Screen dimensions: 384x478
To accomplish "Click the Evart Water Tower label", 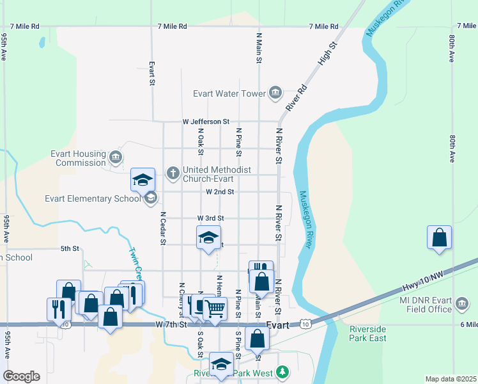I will (x=229, y=93).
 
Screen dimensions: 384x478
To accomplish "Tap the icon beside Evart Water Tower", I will (x=275, y=93).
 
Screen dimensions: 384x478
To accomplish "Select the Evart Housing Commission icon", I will (x=115, y=157).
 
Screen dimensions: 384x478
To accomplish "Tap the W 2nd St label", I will (x=220, y=191).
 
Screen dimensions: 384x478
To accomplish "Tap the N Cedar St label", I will (x=163, y=228).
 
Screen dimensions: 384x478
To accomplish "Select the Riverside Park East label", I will (x=367, y=333).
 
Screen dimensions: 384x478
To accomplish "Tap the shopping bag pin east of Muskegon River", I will (x=439, y=237).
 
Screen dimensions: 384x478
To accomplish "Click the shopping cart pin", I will (x=215, y=308).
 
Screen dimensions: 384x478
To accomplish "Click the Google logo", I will (x=21, y=376).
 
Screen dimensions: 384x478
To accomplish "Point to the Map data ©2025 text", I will (x=451, y=379).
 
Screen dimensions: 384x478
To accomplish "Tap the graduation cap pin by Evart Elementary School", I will (x=143, y=180).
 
